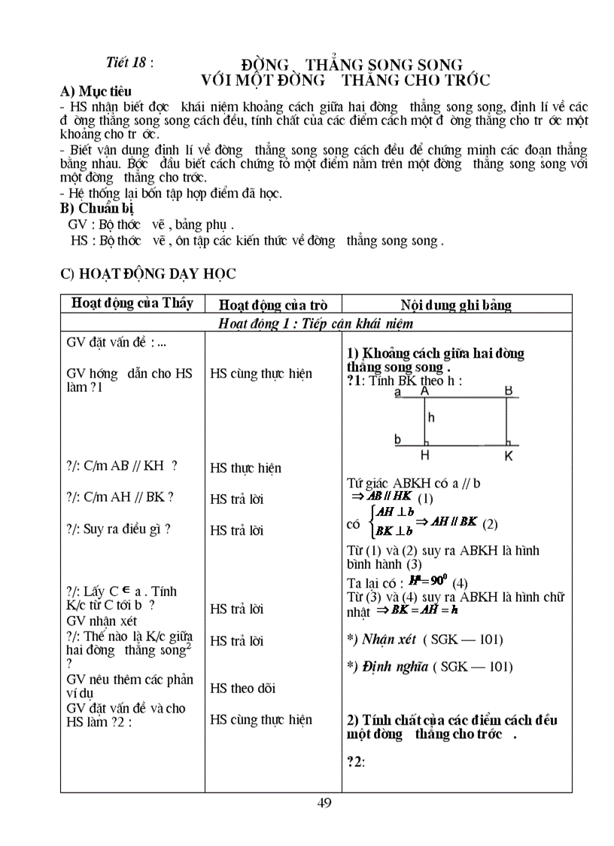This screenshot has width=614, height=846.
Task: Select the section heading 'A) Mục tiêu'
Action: [90, 92]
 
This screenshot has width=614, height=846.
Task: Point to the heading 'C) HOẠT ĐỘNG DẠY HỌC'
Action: [147, 274]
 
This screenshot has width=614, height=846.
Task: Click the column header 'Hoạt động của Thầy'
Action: [132, 303]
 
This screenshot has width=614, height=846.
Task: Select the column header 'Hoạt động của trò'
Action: [272, 305]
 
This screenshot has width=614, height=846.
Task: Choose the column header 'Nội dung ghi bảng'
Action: [456, 305]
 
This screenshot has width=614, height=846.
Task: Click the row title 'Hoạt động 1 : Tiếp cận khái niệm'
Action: [315, 323]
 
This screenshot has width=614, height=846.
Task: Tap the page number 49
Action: [324, 802]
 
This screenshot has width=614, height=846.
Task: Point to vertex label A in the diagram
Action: [425, 392]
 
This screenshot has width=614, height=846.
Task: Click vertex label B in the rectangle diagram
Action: [509, 391]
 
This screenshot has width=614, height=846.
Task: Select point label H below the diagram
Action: [425, 456]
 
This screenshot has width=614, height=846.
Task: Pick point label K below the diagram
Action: [509, 456]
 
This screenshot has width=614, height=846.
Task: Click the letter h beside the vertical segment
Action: [431, 417]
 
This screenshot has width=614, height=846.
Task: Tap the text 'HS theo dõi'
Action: [242, 688]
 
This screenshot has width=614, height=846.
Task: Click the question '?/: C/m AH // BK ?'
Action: [120, 496]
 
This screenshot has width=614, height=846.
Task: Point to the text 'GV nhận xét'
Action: [102, 621]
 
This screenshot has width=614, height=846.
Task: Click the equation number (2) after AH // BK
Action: [490, 524]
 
